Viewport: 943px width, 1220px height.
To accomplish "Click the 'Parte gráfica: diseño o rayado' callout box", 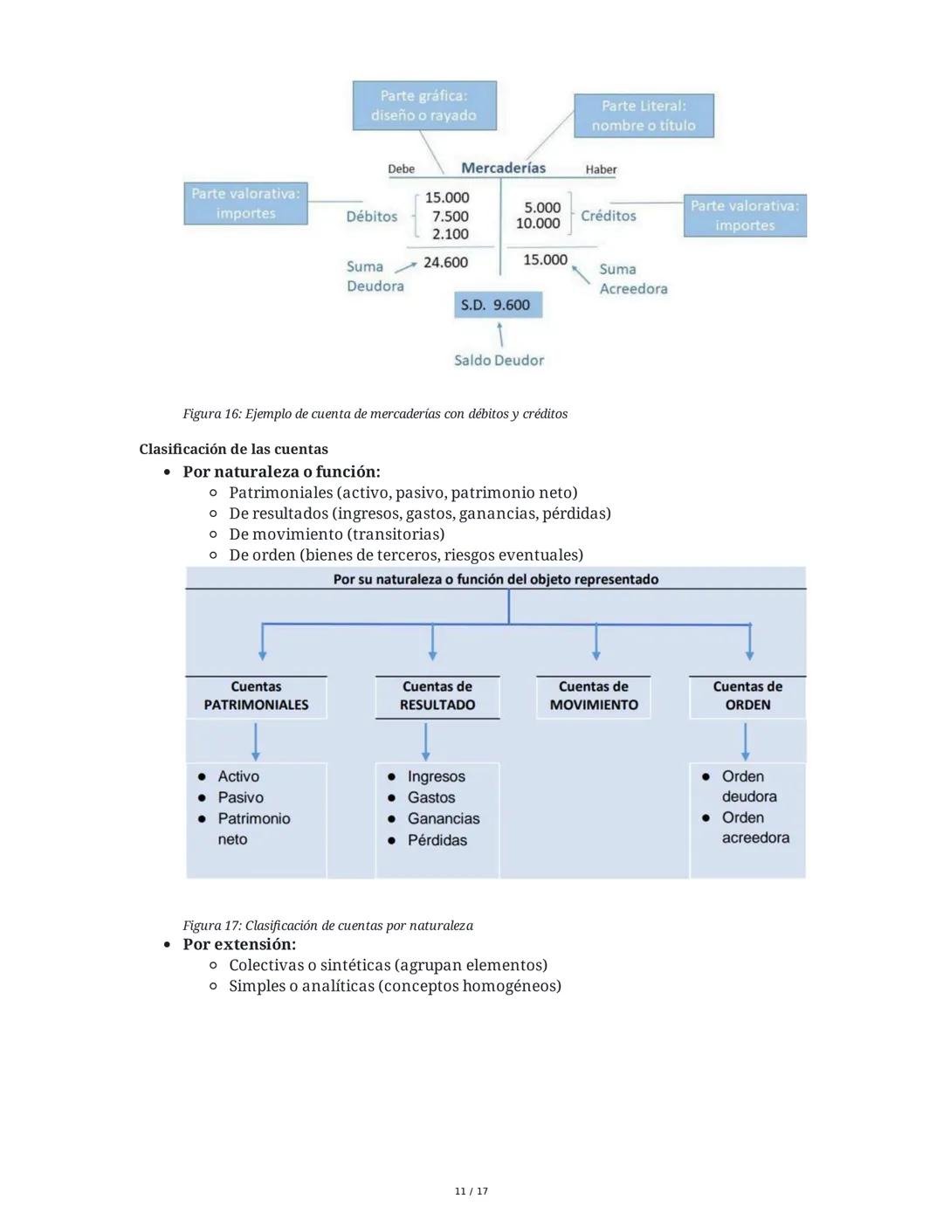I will pyautogui.click(x=423, y=106).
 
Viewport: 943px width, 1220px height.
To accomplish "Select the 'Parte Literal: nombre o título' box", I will pyautogui.click(x=644, y=116).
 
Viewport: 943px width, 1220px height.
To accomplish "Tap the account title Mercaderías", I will pyautogui.click(x=503, y=168).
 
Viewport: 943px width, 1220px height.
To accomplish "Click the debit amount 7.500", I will pyautogui.click(x=450, y=216).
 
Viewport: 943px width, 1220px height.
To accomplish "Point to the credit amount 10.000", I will pyautogui.click(x=538, y=224).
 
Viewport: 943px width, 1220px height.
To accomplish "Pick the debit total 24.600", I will pyautogui.click(x=445, y=262).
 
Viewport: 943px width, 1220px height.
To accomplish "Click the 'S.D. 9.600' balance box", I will pyautogui.click(x=497, y=305).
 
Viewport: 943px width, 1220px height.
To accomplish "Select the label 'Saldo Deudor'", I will pyautogui.click(x=499, y=360).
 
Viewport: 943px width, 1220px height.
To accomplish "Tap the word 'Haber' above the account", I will pyautogui.click(x=601, y=169).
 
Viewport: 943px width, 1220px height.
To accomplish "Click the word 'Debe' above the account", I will pyautogui.click(x=401, y=169).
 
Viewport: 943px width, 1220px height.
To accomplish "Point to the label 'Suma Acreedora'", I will pyautogui.click(x=632, y=279).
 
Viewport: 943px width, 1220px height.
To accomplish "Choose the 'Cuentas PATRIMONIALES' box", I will pyautogui.click(x=256, y=696).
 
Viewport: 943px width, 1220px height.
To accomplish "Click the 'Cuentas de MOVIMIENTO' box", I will pyautogui.click(x=594, y=696).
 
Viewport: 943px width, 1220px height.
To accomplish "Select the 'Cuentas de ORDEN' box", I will pyautogui.click(x=747, y=696).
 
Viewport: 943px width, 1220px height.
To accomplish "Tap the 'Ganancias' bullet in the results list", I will pyautogui.click(x=443, y=818).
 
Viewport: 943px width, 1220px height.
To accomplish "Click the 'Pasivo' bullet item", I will pyautogui.click(x=240, y=797).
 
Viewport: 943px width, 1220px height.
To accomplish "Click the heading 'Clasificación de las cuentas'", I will pyautogui.click(x=233, y=449).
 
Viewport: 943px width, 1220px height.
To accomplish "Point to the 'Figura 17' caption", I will pyautogui.click(x=327, y=925).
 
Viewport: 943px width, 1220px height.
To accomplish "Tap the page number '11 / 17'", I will pyautogui.click(x=471, y=1191).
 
